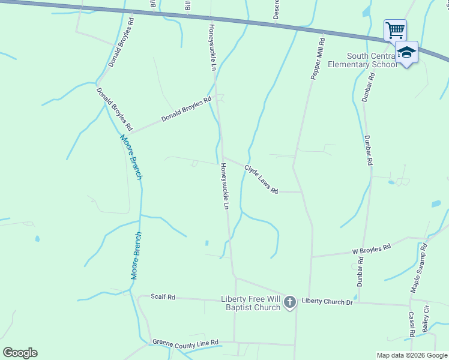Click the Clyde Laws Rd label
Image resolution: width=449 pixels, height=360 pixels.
pyautogui.click(x=261, y=179)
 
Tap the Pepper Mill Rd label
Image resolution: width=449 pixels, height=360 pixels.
pyautogui.click(x=318, y=59)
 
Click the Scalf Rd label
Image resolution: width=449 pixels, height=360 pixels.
pyautogui.click(x=163, y=296)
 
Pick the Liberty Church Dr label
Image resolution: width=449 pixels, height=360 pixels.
pyautogui.click(x=327, y=301)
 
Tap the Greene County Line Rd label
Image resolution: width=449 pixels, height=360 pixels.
pyautogui.click(x=185, y=344)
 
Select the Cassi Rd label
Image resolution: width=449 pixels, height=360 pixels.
pyautogui.click(x=412, y=324)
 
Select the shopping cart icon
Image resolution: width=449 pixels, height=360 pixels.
pyautogui.click(x=395, y=29)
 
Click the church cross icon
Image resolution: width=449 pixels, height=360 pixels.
pyautogui.click(x=290, y=302)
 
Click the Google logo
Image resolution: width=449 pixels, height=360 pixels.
pyautogui.click(x=20, y=352)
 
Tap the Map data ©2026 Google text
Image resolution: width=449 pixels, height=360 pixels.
pyautogui.click(x=412, y=355)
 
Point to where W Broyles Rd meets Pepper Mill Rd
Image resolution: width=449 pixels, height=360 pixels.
pyautogui.click(x=311, y=257)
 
